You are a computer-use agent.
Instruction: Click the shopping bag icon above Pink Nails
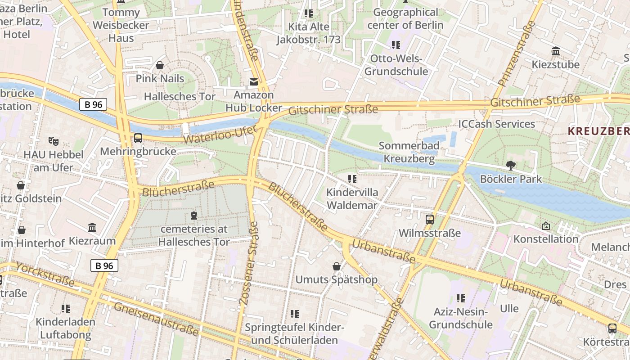pyautogui.click(x=160, y=66)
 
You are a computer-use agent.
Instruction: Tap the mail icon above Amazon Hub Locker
pyautogui.click(x=254, y=82)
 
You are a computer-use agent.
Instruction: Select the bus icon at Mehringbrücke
pyautogui.click(x=138, y=138)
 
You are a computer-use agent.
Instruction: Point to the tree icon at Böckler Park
pyautogui.click(x=511, y=166)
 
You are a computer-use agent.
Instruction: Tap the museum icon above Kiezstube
pyautogui.click(x=556, y=51)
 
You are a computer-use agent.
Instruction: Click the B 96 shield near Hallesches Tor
pyautogui.click(x=94, y=104)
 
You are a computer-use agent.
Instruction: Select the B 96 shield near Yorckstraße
pyautogui.click(x=104, y=265)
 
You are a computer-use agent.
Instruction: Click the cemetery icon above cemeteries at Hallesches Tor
pyautogui.click(x=194, y=216)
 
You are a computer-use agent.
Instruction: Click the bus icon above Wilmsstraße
pyautogui.click(x=430, y=220)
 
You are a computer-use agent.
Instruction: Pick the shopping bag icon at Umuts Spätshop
pyautogui.click(x=336, y=266)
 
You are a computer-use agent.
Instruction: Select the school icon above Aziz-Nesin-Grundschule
pyautogui.click(x=460, y=298)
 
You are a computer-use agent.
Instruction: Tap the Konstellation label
pyautogui.click(x=546, y=239)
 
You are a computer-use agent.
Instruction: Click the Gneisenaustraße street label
pyautogui.click(x=156, y=319)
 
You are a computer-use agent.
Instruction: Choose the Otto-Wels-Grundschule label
pyautogui.click(x=396, y=65)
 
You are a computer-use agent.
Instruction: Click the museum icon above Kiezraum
pyautogui.click(x=92, y=228)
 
